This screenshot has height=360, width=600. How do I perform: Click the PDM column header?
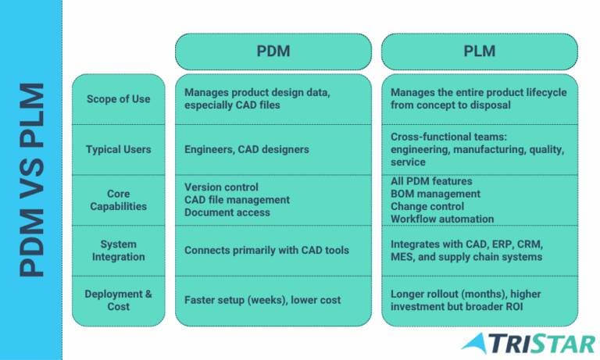click(273, 52)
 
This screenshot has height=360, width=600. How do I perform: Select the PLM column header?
click(480, 52)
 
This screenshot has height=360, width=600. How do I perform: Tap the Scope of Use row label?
click(118, 99)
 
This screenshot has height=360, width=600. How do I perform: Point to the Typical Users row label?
click(118, 149)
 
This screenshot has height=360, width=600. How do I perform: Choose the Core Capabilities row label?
click(118, 200)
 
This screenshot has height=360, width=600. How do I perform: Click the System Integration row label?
click(118, 251)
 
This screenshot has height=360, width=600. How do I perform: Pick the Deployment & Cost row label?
click(118, 301)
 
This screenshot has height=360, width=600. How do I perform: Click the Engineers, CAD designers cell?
click(246, 149)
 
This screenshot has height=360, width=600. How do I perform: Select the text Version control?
click(221, 187)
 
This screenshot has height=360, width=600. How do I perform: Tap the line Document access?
click(227, 212)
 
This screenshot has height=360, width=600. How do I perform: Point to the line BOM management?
click(435, 194)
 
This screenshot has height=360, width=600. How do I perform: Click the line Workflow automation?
click(442, 219)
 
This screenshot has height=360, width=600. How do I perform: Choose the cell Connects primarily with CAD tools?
click(266, 250)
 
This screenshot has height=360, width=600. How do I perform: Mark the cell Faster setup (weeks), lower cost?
click(262, 300)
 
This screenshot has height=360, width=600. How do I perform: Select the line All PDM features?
click(431, 181)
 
